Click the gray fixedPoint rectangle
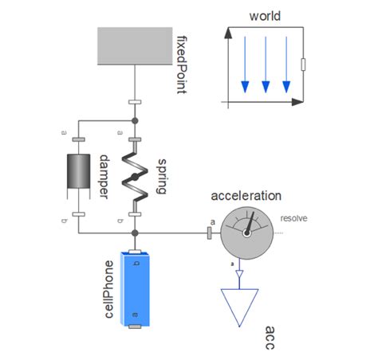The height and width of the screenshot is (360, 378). (x=136, y=45)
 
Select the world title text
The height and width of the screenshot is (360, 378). (x=266, y=16)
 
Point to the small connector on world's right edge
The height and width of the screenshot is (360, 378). (x=302, y=65)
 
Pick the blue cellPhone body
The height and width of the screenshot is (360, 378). (x=136, y=290)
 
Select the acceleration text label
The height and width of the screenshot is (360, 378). (x=246, y=196)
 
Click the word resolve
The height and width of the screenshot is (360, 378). (x=294, y=217)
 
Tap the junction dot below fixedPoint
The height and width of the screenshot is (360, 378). (x=135, y=120)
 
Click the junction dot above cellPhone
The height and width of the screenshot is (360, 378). (x=135, y=233)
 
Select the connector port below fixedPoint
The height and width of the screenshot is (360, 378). (x=135, y=103)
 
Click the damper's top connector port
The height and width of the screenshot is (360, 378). (x=78, y=139)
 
